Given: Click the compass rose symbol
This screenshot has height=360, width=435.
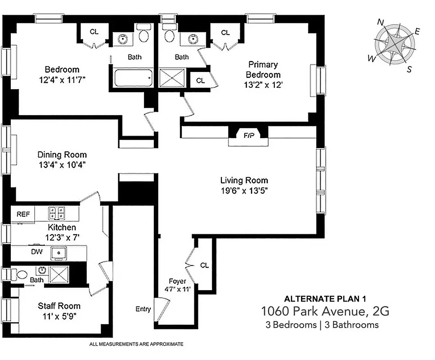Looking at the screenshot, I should [395, 45].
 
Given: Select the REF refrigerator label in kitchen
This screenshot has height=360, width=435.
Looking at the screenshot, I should [23, 214].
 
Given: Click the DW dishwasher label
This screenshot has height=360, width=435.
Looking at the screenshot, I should [37, 252].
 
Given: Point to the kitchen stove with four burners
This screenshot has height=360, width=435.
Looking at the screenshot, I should [58, 212].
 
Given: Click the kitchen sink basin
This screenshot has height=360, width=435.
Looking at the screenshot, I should [59, 253].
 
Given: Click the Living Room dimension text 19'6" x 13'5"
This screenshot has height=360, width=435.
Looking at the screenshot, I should [244, 191].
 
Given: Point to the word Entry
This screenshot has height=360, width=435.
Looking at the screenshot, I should [143, 309].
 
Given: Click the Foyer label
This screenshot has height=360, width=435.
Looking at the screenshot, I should [177, 282].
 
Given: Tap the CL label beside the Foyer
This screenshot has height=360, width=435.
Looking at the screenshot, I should [204, 265].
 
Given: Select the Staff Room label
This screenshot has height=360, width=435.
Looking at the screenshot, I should [59, 306].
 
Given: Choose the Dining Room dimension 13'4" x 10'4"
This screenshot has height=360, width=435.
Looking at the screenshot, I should [62, 165].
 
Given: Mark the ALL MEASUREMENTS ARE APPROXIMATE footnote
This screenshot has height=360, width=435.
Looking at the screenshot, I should [137, 344].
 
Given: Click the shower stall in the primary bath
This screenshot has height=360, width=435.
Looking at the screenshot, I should [172, 77].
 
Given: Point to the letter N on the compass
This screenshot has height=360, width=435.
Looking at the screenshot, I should [381, 22].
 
